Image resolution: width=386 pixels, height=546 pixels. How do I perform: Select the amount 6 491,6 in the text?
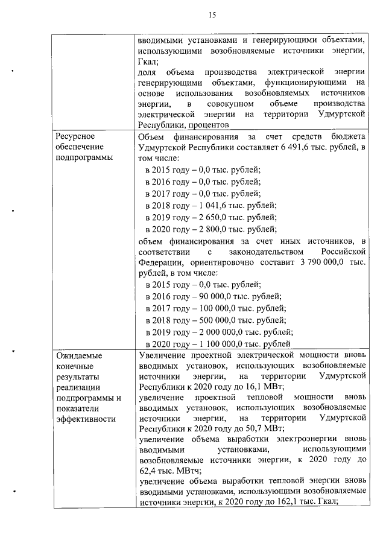pyautogui.click(x=285, y=147)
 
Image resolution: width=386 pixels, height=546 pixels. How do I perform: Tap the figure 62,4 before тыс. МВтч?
pyautogui.click(x=149, y=471)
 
